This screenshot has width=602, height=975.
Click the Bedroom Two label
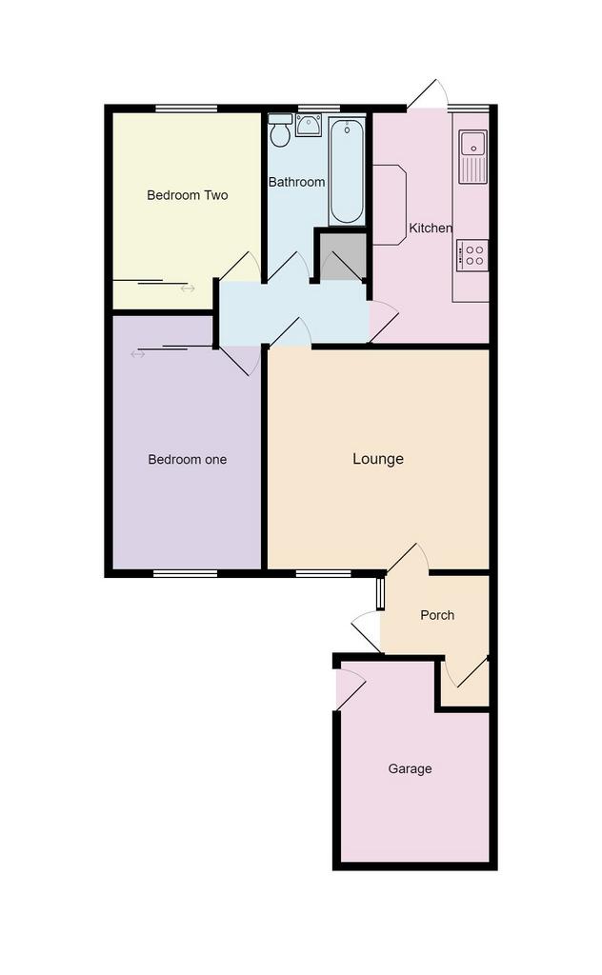pyautogui.click(x=188, y=195)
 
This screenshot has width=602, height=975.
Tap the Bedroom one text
pyautogui.click(x=188, y=460)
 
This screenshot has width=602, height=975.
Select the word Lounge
pyautogui.click(x=378, y=459)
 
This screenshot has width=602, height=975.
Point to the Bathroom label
pyautogui.click(x=296, y=182)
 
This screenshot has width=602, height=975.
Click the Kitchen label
pyautogui.click(x=431, y=229)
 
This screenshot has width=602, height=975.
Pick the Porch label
pyautogui.click(x=437, y=615)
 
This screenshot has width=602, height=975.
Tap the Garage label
pyautogui.click(x=410, y=769)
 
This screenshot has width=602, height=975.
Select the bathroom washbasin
pyautogui.click(x=309, y=125)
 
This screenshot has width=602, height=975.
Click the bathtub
pyautogui.click(x=347, y=171)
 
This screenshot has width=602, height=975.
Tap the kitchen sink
pyautogui.click(x=472, y=157)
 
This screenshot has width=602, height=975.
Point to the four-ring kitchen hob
pyautogui.click(x=472, y=255)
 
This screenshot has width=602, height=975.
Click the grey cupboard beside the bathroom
pyautogui.click(x=341, y=257)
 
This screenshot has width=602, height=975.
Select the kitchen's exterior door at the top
pyautogui.click(x=428, y=94)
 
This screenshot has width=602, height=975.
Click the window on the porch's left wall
pyautogui.click(x=380, y=594)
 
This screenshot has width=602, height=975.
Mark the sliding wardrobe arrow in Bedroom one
pyautogui.click(x=137, y=354)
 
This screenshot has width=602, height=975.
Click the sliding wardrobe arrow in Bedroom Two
pyautogui.click(x=188, y=289)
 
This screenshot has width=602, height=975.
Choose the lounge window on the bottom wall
pyautogui.click(x=324, y=573)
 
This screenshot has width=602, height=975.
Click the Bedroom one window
pyautogui.click(x=186, y=573)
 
